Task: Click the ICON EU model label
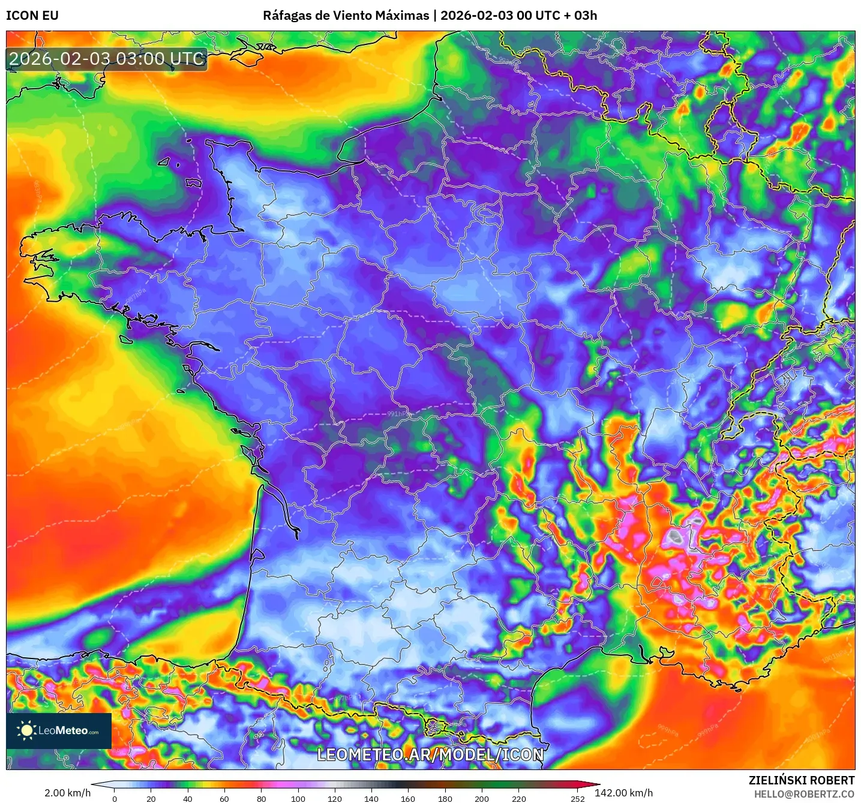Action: click(32, 16)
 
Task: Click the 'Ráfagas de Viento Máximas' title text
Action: click(346, 16)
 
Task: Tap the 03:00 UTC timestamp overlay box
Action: click(107, 59)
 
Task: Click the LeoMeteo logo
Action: click(59, 730)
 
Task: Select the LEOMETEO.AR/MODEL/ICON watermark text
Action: click(430, 754)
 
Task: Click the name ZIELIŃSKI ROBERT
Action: click(801, 780)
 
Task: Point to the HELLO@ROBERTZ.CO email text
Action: click(804, 794)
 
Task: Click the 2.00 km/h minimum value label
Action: click(67, 793)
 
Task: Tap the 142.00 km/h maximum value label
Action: click(623, 793)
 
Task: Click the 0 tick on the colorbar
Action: click(115, 798)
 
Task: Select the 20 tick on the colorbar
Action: click(151, 798)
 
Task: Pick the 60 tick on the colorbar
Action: click(224, 798)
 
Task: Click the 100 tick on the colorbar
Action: click(298, 798)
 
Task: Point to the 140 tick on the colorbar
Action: click(371, 798)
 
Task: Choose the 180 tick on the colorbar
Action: click(445, 798)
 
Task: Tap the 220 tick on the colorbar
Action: click(518, 798)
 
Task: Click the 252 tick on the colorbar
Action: click(577, 798)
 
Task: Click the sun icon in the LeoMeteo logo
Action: click(26, 730)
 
